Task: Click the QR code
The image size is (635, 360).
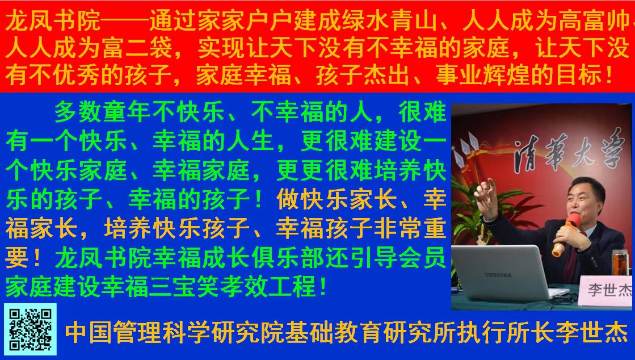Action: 31,329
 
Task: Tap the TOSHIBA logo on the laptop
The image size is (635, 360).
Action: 498,275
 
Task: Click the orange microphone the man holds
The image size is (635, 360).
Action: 566,235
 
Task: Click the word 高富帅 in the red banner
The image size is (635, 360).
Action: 595,20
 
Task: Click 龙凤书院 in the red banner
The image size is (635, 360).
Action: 53,20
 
